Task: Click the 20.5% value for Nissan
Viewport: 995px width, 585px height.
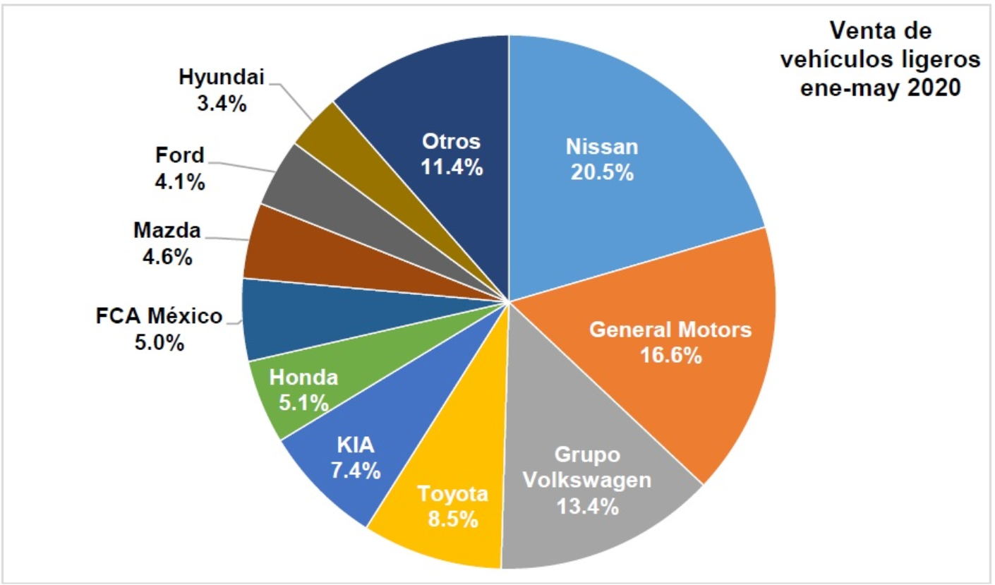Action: pos(601,172)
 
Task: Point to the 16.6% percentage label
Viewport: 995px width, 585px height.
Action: pos(671,354)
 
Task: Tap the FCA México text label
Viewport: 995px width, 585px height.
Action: pos(159,316)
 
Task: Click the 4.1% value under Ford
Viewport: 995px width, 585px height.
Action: pos(179,181)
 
